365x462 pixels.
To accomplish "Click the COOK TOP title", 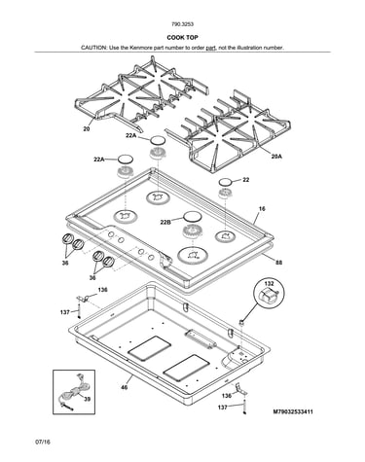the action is [x=182, y=38].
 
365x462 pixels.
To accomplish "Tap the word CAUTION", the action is [x=93, y=48].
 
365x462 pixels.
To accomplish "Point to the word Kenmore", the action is [x=140, y=48].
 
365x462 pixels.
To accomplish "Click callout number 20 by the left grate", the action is [x=86, y=129].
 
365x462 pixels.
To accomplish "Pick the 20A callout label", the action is [x=276, y=157].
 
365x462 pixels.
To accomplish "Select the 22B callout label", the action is [x=165, y=223].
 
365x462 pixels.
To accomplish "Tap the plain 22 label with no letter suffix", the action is [x=246, y=180].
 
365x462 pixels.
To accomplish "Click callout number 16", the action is [x=262, y=209].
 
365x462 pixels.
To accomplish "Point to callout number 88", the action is [x=278, y=263].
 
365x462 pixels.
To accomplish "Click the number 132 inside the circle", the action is [x=270, y=284].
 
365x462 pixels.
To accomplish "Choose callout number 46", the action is [x=125, y=387].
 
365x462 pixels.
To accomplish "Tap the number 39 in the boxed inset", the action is [x=87, y=399].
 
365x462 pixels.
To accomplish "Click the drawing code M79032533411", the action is [x=293, y=412].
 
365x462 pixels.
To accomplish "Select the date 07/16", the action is [x=43, y=442].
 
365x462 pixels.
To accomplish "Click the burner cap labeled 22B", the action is [x=192, y=216].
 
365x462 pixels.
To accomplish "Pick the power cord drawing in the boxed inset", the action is [x=72, y=392].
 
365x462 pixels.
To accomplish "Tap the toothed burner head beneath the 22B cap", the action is [x=193, y=232].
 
